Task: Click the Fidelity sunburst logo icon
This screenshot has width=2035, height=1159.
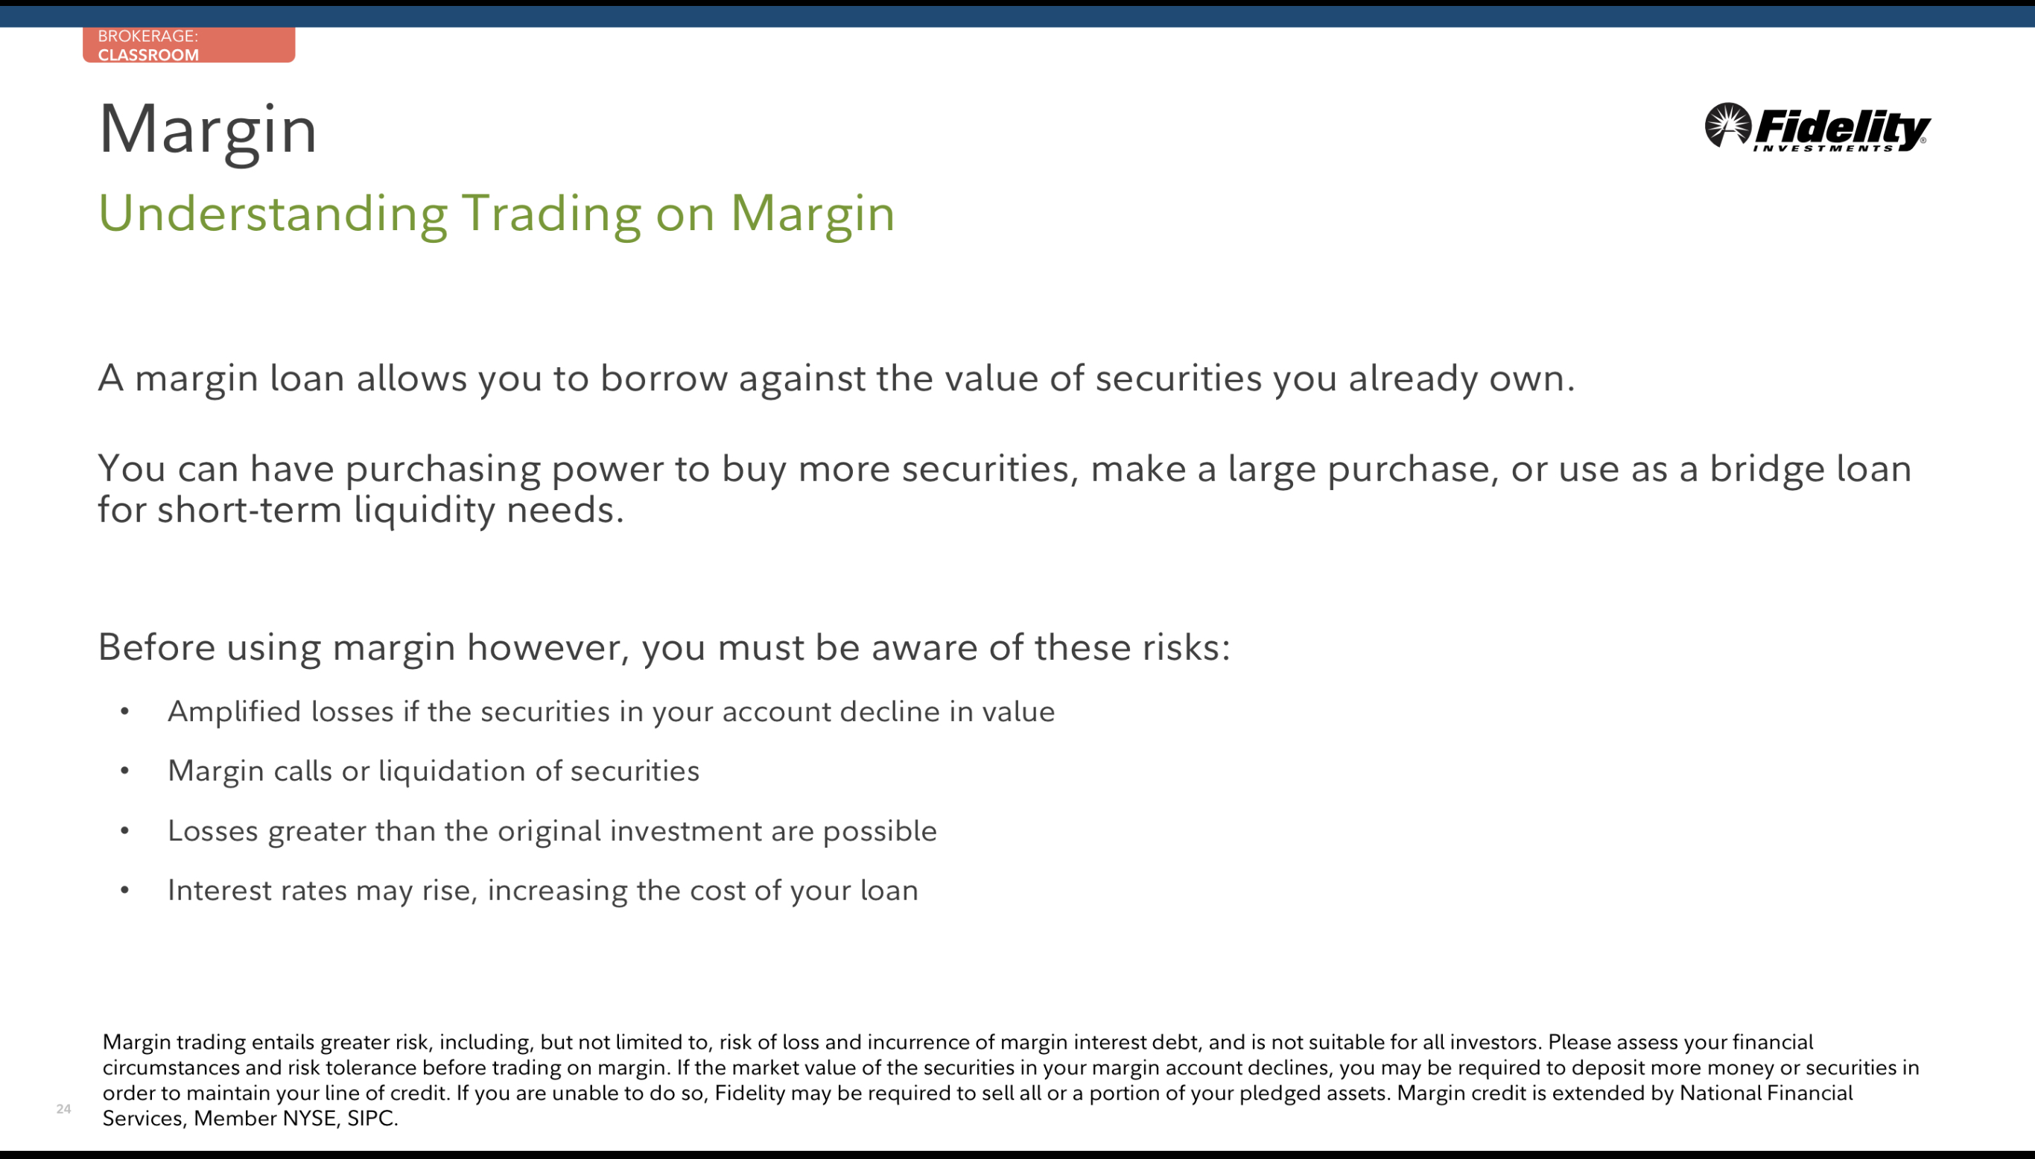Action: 1728,125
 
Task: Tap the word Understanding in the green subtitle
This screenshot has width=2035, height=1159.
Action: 273,215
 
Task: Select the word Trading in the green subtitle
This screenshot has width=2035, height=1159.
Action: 551,215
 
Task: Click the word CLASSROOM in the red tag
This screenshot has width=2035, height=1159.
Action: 148,55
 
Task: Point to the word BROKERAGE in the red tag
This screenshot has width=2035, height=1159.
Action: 146,36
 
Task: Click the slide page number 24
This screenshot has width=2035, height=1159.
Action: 63,1109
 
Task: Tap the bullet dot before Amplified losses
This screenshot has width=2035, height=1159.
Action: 125,711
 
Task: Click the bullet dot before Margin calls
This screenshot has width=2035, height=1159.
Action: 125,770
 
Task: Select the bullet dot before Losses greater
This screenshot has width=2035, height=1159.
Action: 125,831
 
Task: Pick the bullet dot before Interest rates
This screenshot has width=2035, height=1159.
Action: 125,890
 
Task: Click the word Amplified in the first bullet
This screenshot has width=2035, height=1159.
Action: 235,711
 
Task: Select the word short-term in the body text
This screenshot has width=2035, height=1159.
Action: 250,510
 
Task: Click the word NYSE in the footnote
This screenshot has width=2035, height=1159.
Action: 310,1118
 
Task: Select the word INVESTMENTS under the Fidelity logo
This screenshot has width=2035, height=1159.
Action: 1823,148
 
